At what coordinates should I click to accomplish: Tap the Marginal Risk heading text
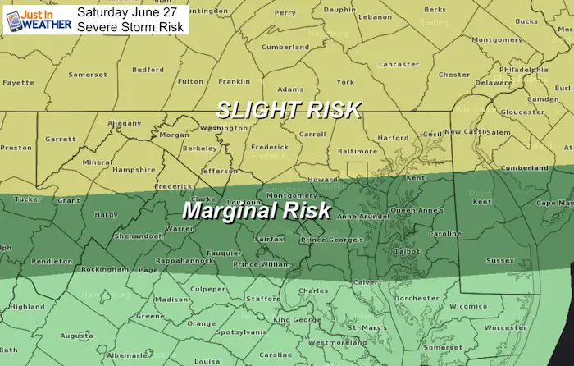coord(256,210)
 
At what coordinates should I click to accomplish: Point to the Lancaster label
coord(399,63)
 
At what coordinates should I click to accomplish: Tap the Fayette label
coord(19,83)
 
